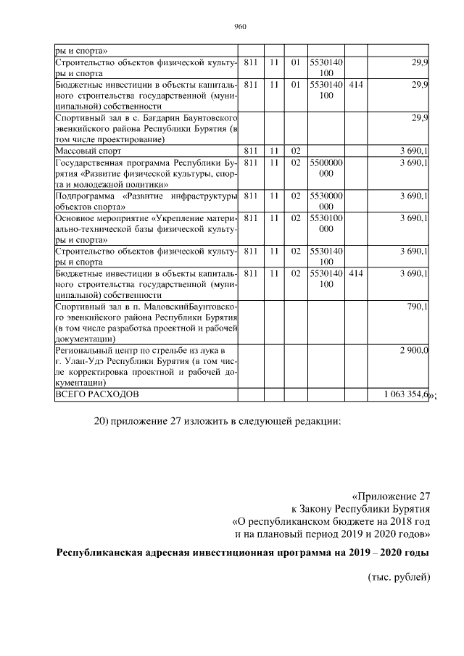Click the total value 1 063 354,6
[x=407, y=394]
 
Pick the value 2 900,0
[x=414, y=350]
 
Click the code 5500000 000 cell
[x=326, y=168]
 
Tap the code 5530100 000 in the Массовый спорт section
[x=326, y=223]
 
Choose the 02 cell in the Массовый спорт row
[x=295, y=150]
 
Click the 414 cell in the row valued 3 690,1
[x=355, y=273]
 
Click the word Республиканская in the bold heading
[x=104, y=552]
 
